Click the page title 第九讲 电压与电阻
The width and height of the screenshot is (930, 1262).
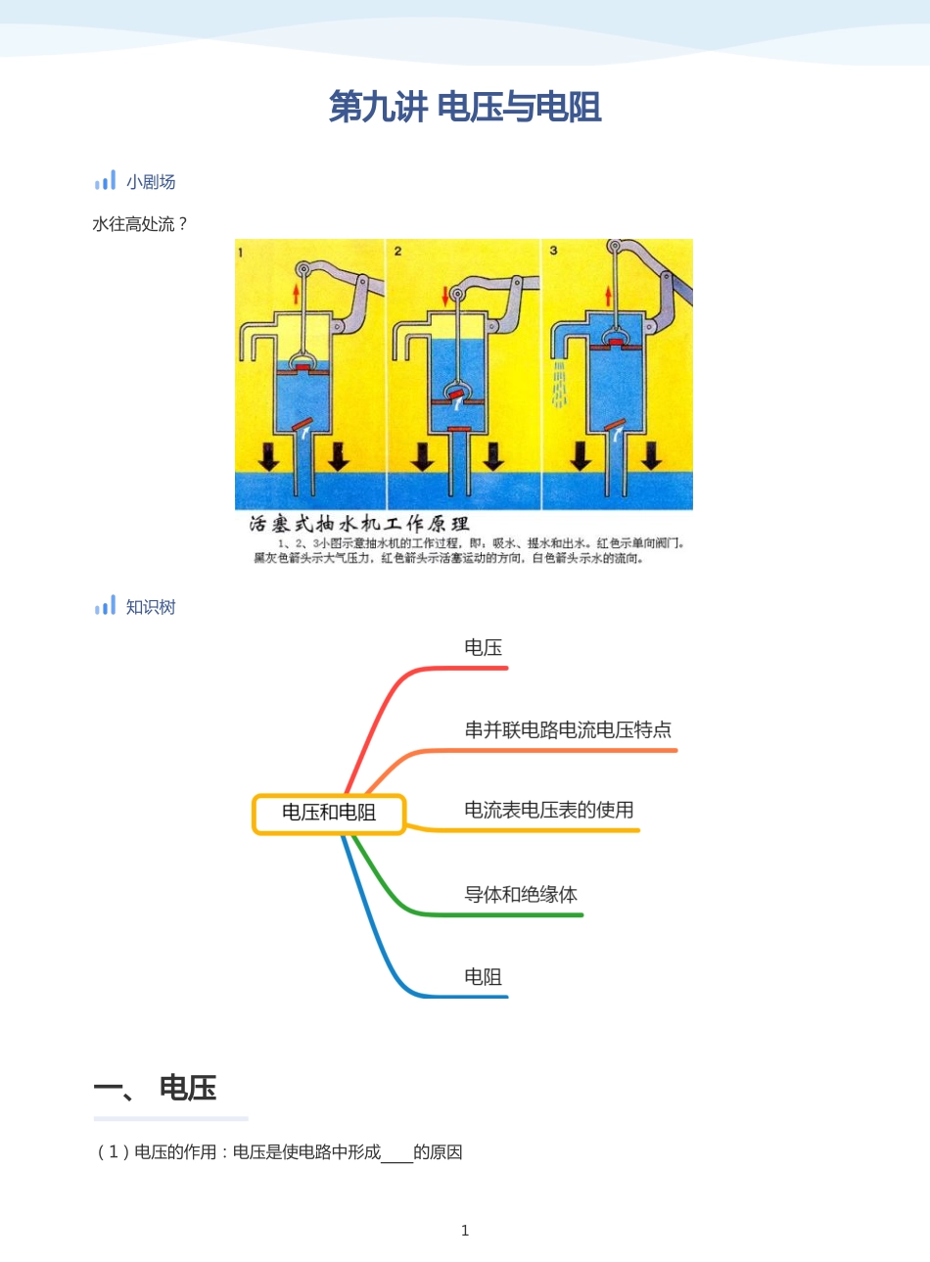coord(465,107)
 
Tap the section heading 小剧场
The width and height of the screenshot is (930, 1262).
coord(151,182)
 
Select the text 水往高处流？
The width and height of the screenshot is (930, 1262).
coord(140,224)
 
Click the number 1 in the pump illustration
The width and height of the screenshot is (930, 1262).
coord(241,253)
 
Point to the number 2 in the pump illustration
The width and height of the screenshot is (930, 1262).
coord(398,252)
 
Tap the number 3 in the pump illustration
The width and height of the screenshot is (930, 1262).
coord(553,251)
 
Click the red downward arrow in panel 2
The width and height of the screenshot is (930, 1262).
coord(445,295)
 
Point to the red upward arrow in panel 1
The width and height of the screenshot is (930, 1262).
coord(297,294)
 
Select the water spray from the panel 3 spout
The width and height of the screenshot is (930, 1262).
coord(560,385)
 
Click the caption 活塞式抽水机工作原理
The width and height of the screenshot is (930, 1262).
coord(359,524)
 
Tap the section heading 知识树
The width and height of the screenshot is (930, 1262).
coord(151,607)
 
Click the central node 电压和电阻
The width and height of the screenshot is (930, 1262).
coord(329,813)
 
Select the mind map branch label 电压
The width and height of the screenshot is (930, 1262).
coord(484,647)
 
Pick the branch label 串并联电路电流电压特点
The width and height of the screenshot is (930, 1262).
coord(568,729)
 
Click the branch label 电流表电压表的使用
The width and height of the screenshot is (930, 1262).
coord(549,810)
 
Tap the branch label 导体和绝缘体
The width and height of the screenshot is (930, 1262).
coord(521,894)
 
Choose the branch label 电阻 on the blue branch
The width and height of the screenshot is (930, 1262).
coord(484,976)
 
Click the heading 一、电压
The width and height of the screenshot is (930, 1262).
coord(155,1088)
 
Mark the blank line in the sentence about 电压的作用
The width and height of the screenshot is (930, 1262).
coord(396,1153)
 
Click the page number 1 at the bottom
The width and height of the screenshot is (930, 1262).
coord(465,1231)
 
